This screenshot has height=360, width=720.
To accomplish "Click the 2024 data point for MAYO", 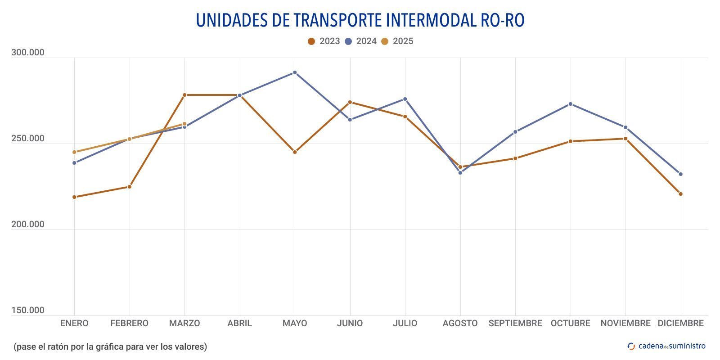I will coord(295,72).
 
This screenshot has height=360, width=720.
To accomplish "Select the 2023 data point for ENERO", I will coord(74,197).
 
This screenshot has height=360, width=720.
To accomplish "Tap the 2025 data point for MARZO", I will coord(184,124).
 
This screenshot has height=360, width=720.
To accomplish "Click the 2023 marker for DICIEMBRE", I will coord(680,194).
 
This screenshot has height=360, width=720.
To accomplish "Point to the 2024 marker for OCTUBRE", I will coord(570,104).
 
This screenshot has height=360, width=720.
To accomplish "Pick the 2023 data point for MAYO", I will coord(295,152).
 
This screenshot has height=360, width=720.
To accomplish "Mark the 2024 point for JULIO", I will coord(405,99).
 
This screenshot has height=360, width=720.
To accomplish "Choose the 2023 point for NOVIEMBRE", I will coord(625,139).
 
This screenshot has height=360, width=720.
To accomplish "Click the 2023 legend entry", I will coord(324,41).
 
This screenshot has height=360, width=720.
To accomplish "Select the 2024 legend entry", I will coord(361,41).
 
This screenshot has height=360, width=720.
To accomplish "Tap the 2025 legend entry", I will coord(397,41).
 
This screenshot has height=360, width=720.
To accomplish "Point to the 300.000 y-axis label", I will coord(28,53).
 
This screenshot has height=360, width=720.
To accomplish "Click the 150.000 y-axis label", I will coord(28,310).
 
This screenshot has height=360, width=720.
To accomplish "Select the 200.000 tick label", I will coord(28,225).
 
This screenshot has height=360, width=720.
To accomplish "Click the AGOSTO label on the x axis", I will coord(460,323).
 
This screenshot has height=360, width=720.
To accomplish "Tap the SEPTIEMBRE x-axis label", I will coord(515,323).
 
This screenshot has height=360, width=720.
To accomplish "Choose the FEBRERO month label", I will coord(129,323).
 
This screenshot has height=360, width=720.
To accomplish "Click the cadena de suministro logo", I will coord(667,346).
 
